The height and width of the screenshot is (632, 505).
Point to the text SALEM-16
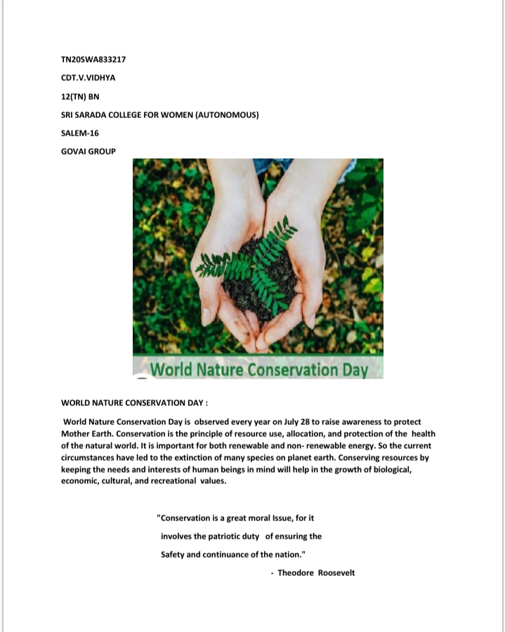tap(80, 133)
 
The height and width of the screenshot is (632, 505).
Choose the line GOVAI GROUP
tap(88, 151)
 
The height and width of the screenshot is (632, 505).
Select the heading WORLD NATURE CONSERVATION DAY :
tap(135, 404)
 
